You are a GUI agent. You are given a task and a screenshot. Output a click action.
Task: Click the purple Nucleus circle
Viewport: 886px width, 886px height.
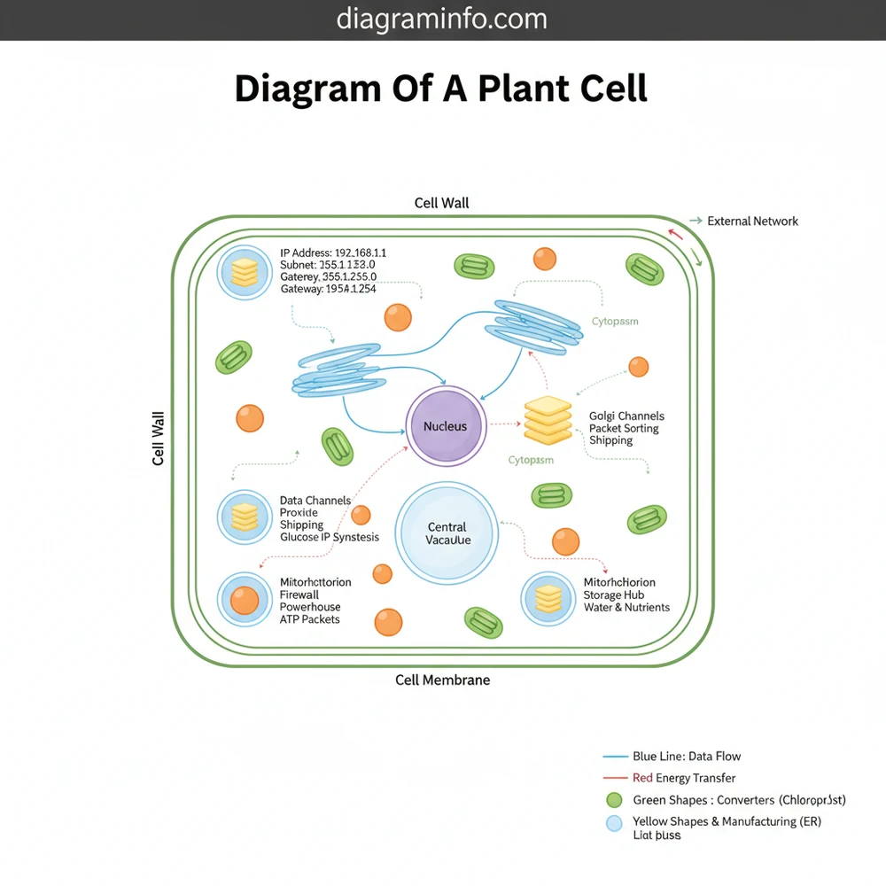[446, 426]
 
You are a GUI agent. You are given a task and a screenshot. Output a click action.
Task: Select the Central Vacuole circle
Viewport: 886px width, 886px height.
[447, 533]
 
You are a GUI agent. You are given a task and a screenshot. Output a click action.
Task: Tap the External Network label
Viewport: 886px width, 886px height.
[752, 221]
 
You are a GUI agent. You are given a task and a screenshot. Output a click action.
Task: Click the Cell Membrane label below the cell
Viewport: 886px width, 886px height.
[442, 680]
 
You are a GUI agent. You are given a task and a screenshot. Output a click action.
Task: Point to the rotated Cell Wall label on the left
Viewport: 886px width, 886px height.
[159, 439]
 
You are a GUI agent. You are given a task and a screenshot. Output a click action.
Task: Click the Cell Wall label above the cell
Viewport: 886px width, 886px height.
[441, 203]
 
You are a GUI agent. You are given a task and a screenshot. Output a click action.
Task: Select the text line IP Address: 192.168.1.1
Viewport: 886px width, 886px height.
[339, 253]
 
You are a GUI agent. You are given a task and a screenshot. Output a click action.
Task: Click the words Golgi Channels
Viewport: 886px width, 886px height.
[626, 416]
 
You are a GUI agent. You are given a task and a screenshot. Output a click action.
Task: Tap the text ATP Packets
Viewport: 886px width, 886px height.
[310, 619]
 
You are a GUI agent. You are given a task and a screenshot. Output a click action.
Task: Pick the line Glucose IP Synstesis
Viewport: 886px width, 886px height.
[330, 537]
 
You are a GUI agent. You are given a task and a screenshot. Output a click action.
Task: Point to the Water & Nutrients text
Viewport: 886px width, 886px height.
[626, 607]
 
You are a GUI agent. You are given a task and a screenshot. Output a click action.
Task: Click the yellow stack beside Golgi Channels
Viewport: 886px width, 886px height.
[548, 420]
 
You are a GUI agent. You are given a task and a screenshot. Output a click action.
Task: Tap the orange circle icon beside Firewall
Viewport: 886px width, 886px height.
[244, 600]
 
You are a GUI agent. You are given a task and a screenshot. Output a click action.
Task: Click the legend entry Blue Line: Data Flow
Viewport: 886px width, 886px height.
[687, 756]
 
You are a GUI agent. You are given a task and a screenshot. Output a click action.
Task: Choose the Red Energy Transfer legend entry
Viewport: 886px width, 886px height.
[684, 778]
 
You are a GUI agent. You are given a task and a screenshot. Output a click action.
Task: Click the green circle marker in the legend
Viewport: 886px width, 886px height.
[614, 800]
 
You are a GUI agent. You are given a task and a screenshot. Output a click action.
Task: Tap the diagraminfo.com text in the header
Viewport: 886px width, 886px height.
[442, 19]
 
